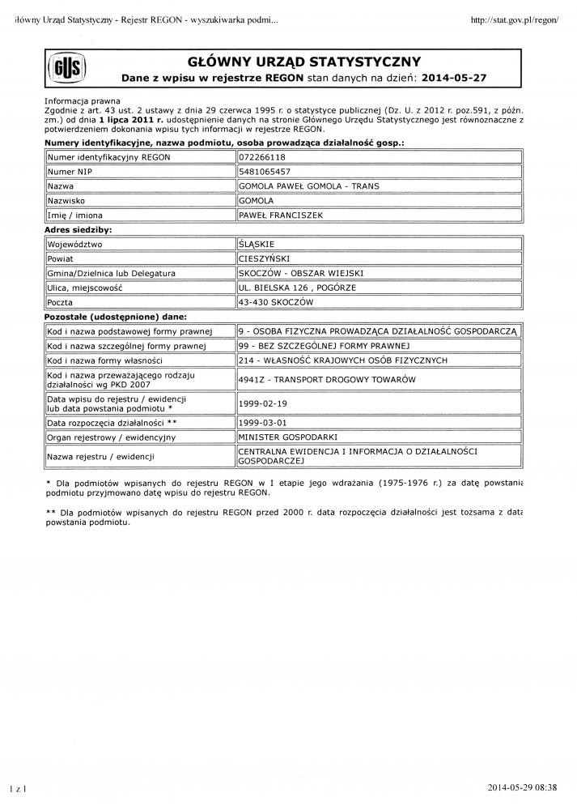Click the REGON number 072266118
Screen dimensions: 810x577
tap(263, 157)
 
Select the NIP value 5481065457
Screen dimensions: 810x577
tap(265, 172)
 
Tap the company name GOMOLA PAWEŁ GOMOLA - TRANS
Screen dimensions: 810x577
tap(308, 186)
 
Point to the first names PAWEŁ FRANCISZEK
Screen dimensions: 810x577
tap(280, 215)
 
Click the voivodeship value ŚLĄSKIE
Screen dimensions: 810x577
tap(257, 244)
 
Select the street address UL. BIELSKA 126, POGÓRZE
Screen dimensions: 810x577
tap(297, 288)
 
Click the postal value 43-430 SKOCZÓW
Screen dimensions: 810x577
tap(275, 302)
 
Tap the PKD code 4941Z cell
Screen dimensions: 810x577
tap(327, 380)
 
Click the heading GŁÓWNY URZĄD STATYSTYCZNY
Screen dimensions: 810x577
tap(303, 62)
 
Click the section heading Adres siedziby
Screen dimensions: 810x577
tap(78, 230)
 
